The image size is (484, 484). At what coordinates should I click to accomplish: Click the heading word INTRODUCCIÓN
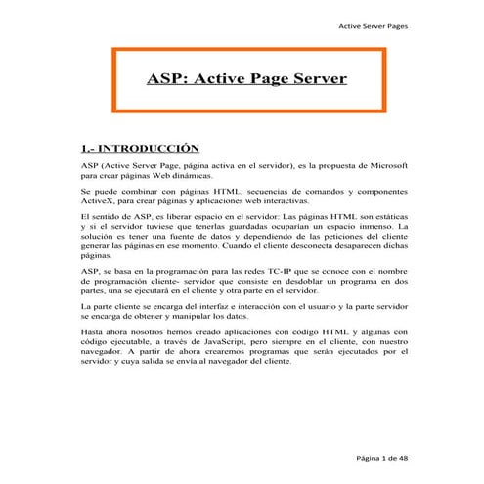(142, 147)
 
